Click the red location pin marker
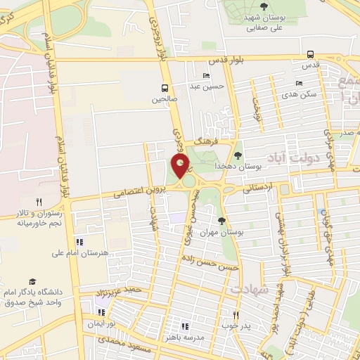coord(181,166)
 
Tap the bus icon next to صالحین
coord(164,88)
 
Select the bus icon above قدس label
coord(311,54)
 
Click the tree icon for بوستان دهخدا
coord(238,155)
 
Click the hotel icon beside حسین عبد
coord(206,76)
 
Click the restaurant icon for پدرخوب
coord(236,315)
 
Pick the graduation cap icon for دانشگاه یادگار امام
coord(32,281)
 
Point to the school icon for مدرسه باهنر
coord(185,326)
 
